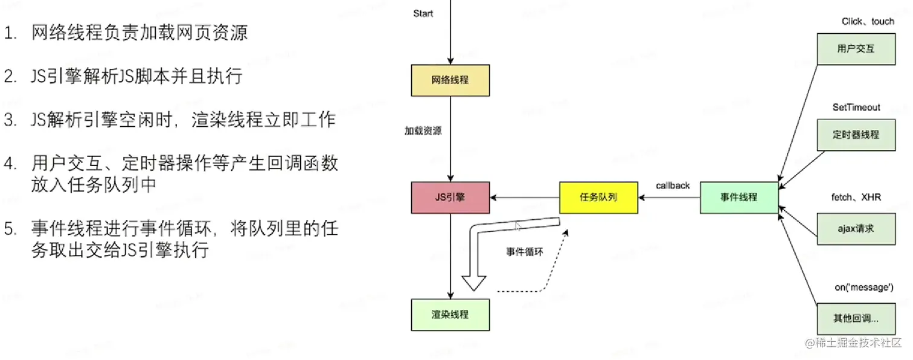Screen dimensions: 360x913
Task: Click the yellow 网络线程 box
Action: (450, 80)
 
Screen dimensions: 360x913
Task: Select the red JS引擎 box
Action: (450, 197)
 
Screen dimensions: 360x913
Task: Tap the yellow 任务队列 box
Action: (598, 197)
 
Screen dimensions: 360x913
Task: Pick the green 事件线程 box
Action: (739, 197)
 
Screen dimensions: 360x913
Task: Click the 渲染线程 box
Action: (450, 314)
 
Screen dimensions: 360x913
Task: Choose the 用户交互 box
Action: (856, 49)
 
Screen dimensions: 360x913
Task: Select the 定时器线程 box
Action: (856, 135)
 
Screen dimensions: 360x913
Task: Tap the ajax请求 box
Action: (856, 228)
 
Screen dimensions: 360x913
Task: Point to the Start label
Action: (423, 13)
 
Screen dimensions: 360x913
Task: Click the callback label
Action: (673, 185)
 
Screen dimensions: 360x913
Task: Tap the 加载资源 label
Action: (423, 130)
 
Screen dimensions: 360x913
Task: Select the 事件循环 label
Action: (524, 252)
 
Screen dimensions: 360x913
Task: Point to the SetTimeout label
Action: (856, 108)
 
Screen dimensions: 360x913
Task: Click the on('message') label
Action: (863, 288)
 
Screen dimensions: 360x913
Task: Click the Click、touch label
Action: (868, 22)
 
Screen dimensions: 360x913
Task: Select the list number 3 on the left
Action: (9, 120)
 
